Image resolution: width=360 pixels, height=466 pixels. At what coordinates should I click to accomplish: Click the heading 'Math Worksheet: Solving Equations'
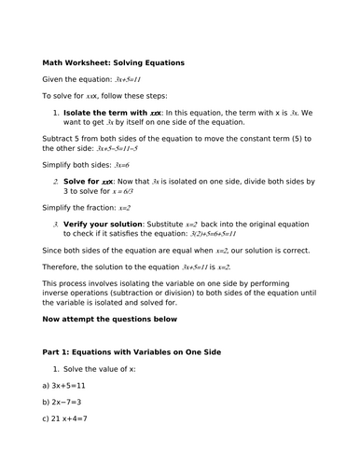[x=113, y=63]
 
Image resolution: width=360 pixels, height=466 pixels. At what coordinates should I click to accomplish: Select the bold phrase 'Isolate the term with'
[x=111, y=112]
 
